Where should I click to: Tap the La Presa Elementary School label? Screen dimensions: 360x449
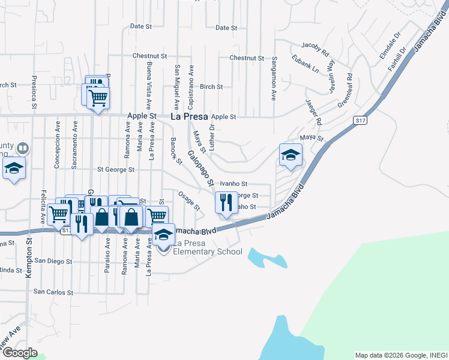pyautogui.click(x=208, y=247)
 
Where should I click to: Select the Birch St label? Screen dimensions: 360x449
pyautogui.click(x=211, y=86)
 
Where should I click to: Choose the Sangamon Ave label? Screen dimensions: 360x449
pyautogui.click(x=274, y=78)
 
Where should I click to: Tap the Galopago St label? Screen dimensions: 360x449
pyautogui.click(x=201, y=168)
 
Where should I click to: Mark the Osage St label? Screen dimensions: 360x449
pyautogui.click(x=189, y=200)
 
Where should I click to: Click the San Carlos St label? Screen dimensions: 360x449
pyautogui.click(x=53, y=292)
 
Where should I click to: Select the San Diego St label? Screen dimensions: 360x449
pyautogui.click(x=53, y=261)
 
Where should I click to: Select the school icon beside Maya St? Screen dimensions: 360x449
pyautogui.click(x=291, y=155)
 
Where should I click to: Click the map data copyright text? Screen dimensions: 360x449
pyautogui.click(x=401, y=355)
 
